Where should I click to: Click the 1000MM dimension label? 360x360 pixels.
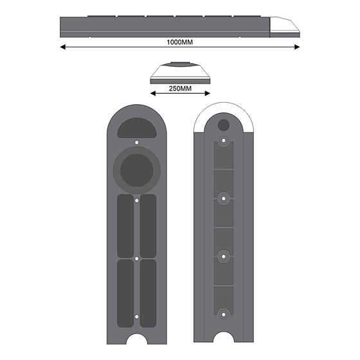(x=179, y=42)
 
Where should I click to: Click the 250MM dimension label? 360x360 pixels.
(x=180, y=89)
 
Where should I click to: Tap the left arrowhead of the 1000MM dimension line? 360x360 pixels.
(x=63, y=47)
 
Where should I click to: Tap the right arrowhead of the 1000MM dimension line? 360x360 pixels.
(x=297, y=47)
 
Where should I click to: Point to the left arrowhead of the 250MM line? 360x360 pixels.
(x=153, y=93)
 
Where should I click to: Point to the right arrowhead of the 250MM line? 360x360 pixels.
(x=207, y=93)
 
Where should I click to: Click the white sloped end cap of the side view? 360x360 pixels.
(x=283, y=25)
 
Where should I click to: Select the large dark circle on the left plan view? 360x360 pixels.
(x=137, y=170)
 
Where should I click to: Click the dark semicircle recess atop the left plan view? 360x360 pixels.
(x=137, y=128)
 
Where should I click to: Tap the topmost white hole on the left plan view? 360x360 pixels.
(x=136, y=143)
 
